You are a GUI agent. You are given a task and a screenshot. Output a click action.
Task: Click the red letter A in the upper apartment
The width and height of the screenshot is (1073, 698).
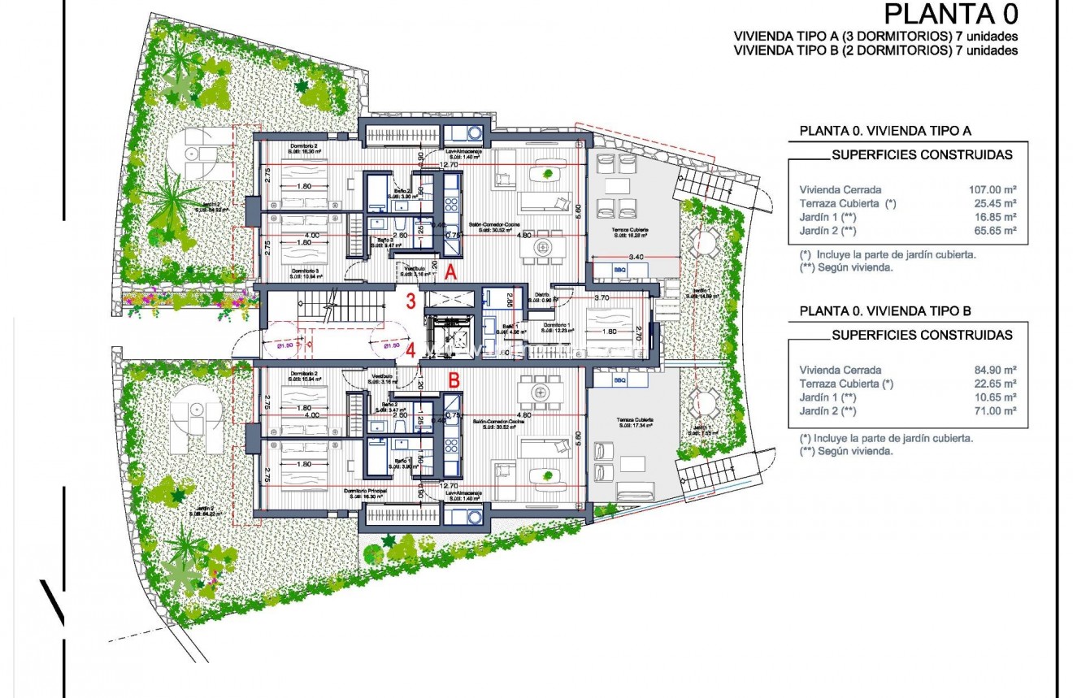pyautogui.click(x=451, y=275)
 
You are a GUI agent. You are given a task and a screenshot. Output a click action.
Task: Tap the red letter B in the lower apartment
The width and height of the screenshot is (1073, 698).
pyautogui.click(x=454, y=379)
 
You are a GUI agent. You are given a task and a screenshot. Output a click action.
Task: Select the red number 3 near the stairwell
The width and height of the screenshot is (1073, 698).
pyautogui.click(x=411, y=301)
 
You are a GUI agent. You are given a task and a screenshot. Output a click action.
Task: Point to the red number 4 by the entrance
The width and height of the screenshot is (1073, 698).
pyautogui.click(x=411, y=351)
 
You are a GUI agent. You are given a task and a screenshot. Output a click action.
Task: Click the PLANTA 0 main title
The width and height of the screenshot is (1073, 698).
pyautogui.click(x=950, y=15)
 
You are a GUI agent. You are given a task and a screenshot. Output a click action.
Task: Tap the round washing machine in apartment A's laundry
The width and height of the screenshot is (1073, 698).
pyautogui.click(x=472, y=132)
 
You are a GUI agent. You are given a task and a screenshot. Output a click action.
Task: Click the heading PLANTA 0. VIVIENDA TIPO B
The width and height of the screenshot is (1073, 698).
pyautogui.click(x=885, y=310)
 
